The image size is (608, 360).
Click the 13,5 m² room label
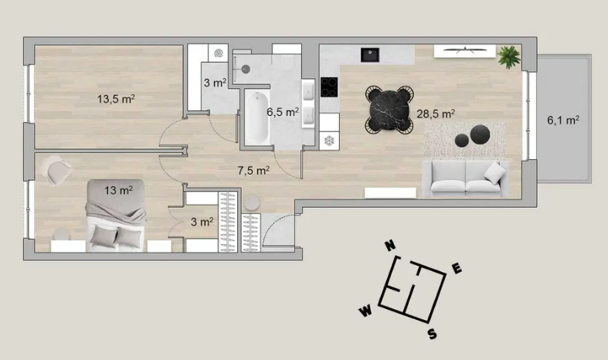pyautogui.click(x=116, y=99)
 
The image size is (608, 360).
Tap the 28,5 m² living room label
pyautogui.click(x=436, y=114)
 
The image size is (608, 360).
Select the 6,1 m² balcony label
pyautogui.click(x=563, y=120)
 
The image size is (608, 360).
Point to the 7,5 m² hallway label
pyautogui.click(x=253, y=170)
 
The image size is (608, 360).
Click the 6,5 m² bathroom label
pyautogui.click(x=283, y=112)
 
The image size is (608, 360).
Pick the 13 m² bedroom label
pyautogui.click(x=119, y=190)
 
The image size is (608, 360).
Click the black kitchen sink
pyautogui.click(x=370, y=55)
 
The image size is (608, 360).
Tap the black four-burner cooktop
pyautogui.click(x=329, y=87)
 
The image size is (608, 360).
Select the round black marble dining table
pyautogui.click(x=389, y=110)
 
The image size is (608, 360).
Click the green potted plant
pyautogui.click(x=509, y=56)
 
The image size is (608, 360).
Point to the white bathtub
pyautogui.click(x=256, y=117)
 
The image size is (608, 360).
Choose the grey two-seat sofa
pyautogui.click(x=465, y=178)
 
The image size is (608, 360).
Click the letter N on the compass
pyautogui.click(x=390, y=245)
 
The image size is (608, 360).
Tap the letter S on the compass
pyautogui.click(x=433, y=334)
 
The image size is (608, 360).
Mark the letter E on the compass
pyautogui.click(x=457, y=268)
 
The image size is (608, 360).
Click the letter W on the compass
pyautogui.click(x=365, y=311)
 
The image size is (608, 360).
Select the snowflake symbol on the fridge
pyautogui.click(x=329, y=141)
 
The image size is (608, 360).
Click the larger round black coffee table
pyautogui.click(x=480, y=134)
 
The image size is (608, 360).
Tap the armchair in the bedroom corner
pyautogui.click(x=57, y=170)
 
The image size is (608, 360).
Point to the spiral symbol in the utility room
pyautogui.click(x=219, y=53)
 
